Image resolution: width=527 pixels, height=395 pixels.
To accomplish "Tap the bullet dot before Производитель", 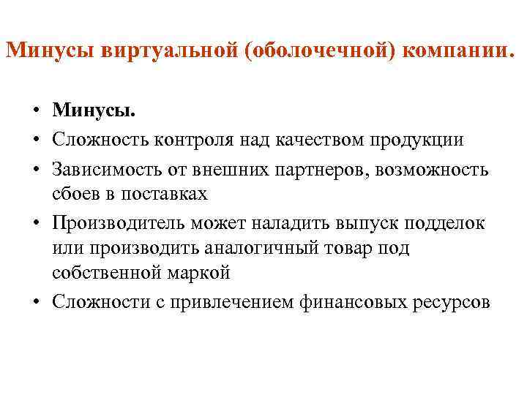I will [35, 223].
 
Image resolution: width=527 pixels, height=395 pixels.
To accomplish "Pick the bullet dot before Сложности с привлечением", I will [35, 302].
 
